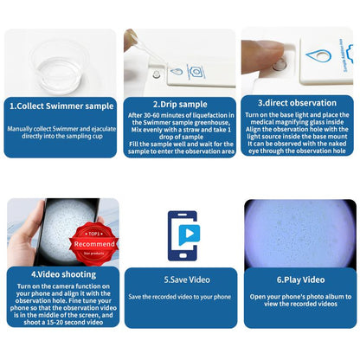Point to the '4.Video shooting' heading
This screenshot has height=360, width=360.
[60, 281]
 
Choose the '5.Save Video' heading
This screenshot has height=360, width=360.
[179, 280]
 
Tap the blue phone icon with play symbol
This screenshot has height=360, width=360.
[179, 236]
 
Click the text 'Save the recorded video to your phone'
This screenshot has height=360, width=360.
[179, 297]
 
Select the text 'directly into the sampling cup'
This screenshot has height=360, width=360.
[60, 138]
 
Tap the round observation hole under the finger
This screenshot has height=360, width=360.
[277, 65]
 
